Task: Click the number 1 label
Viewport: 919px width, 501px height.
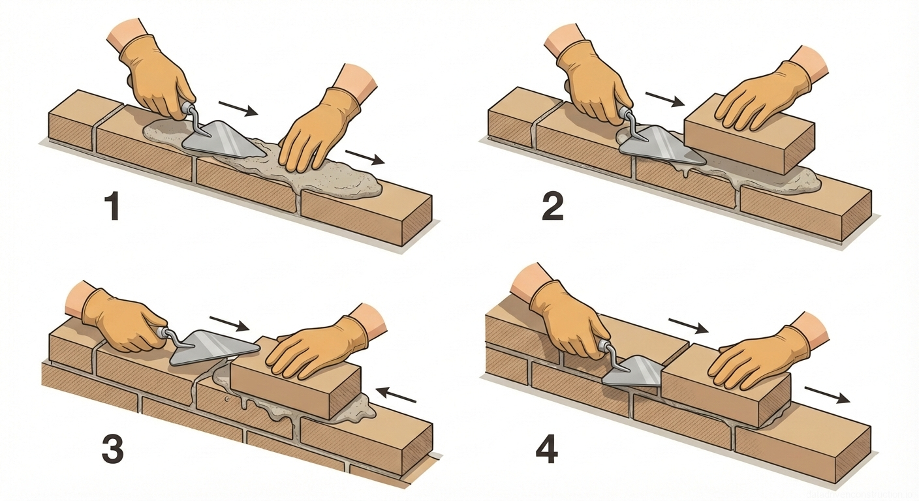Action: coord(112,206)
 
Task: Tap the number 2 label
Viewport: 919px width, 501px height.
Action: coord(552,207)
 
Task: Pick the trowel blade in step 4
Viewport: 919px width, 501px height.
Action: coord(631,371)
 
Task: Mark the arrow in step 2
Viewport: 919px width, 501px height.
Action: coord(664,99)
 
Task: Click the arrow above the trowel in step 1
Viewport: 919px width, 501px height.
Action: coord(238,108)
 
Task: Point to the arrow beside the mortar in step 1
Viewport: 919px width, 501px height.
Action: coord(365,157)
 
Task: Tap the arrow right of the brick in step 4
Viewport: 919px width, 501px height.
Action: coord(826,395)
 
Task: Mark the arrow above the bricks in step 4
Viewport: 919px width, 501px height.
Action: coord(688,326)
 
